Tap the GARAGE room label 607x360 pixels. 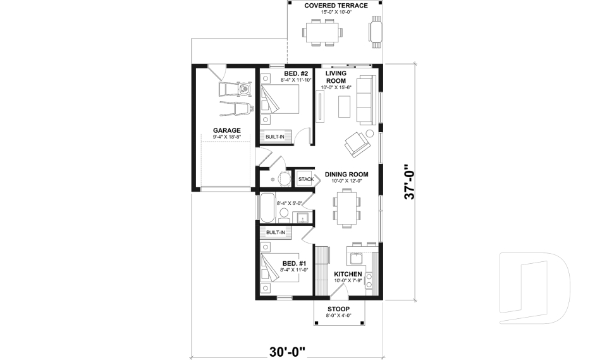point(226,130)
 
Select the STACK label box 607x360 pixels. point(306,179)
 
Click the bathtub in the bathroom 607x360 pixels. point(266,208)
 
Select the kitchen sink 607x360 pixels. point(354,259)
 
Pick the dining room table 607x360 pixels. point(346,209)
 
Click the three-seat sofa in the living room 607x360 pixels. point(365,99)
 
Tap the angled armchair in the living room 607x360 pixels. point(356,145)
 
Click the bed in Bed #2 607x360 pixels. point(280,101)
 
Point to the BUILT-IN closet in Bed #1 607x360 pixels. point(275,233)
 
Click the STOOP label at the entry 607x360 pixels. point(339,309)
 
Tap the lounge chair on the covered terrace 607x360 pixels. point(376,32)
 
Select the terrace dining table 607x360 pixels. point(322,32)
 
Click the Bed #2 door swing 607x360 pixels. point(305,136)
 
